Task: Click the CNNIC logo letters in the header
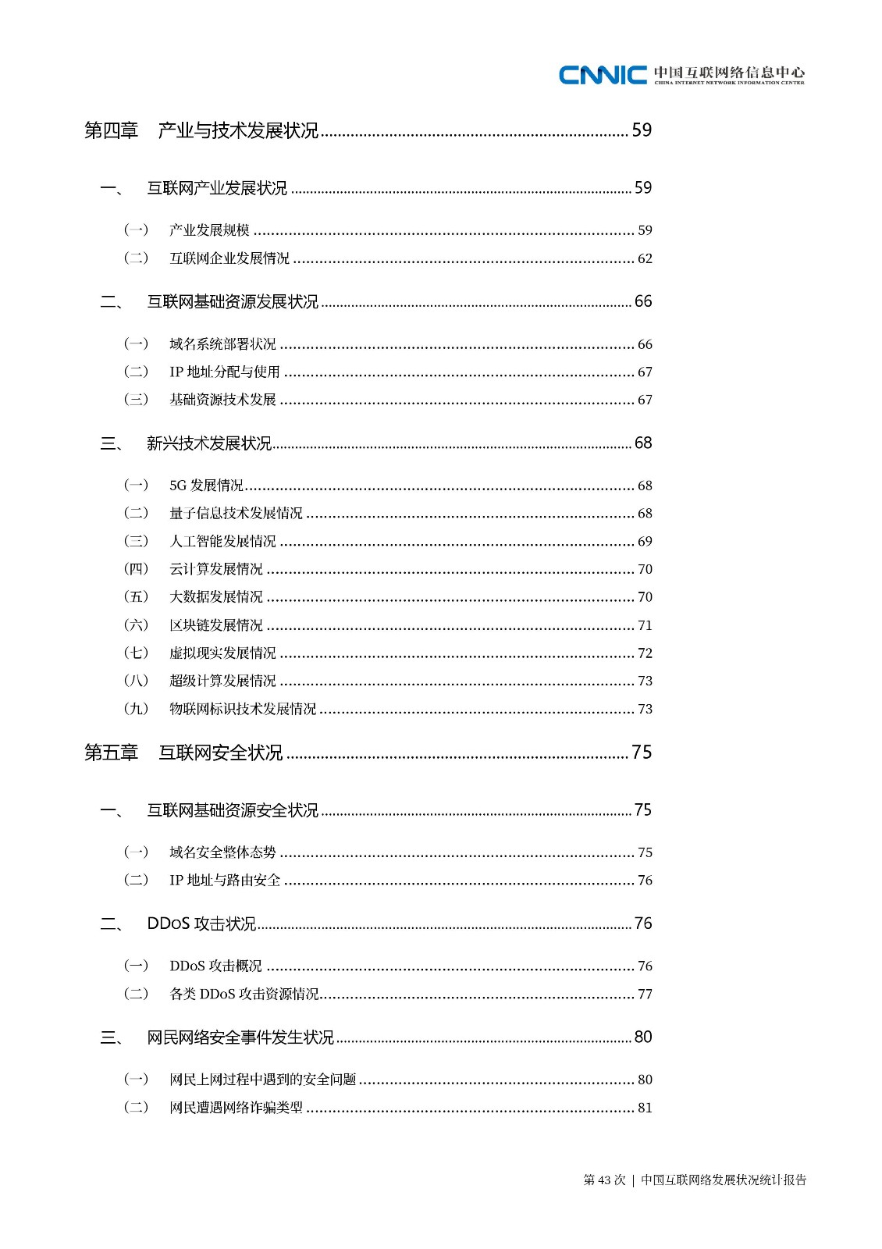603,74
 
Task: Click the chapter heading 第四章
111,130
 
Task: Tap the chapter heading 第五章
111,753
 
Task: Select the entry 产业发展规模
209,230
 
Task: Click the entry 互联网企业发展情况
229,258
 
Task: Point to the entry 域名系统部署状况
222,344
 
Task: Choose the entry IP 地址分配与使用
224,372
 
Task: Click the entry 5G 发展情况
206,486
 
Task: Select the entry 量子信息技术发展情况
236,514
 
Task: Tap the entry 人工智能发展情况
222,542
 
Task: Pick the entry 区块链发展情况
216,625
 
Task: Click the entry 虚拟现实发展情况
222,653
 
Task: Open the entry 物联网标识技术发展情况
243,709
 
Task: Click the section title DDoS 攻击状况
201,923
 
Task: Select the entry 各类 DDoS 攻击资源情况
244,994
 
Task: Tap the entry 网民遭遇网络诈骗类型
236,1108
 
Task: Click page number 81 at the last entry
645,1108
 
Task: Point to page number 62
645,258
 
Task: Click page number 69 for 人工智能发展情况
645,542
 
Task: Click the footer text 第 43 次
604,1180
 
